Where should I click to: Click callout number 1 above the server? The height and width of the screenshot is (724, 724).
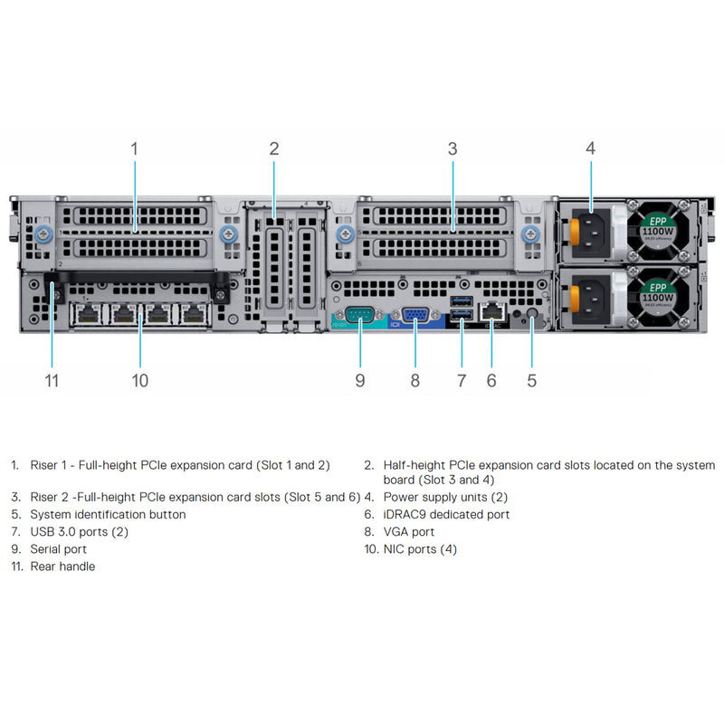[x=134, y=148]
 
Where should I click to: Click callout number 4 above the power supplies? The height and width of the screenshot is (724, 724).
[x=590, y=148]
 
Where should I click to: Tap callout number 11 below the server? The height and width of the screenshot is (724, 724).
[x=52, y=380]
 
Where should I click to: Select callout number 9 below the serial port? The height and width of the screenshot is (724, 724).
[x=360, y=380]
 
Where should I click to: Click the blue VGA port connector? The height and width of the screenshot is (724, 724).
[x=415, y=315]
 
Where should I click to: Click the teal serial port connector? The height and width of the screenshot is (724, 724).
[x=360, y=315]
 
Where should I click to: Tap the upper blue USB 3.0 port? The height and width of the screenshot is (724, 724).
[x=461, y=300]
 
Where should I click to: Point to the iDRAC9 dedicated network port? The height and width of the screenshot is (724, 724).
[x=491, y=310]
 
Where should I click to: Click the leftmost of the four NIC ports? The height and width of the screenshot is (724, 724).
[x=87, y=314]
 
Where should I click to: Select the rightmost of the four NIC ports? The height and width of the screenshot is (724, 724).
[x=192, y=314]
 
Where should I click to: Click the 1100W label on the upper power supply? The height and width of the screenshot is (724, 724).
[x=657, y=231]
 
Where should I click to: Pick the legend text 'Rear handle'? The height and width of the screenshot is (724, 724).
[x=62, y=566]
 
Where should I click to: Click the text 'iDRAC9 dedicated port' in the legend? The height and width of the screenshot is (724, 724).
[x=446, y=514]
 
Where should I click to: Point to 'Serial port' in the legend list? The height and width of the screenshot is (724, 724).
[x=59, y=548]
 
